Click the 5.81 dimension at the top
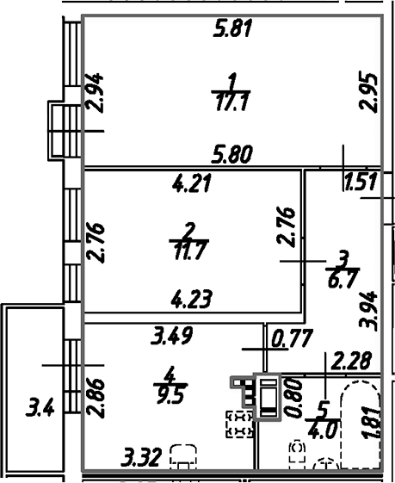pos(232,28)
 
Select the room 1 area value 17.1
pos(231,102)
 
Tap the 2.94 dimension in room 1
pos(94,93)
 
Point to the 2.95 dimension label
pos(368,93)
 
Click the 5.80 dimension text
pos(232,154)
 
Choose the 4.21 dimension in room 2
pos(192,183)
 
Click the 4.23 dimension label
pos(192,299)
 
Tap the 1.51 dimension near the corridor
pos(361,182)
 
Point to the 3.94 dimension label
pos(368,311)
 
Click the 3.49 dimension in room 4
pos(172,336)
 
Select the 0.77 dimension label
pos(293,337)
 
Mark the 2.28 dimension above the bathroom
pos(351,361)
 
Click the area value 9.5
pos(170,395)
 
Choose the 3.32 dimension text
pos(141,457)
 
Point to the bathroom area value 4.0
pos(323,430)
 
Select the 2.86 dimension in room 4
pos(95,398)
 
